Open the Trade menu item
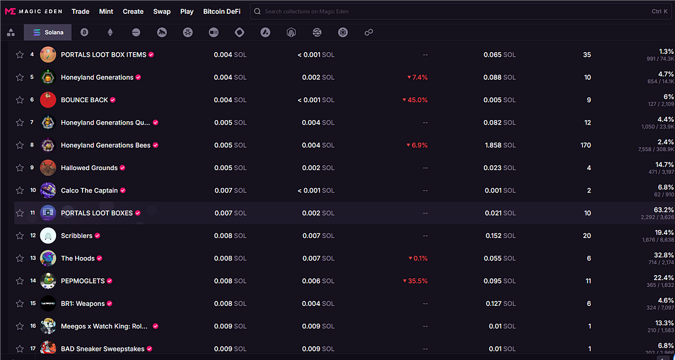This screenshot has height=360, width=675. [80, 11]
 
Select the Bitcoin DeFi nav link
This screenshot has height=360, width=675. [221, 11]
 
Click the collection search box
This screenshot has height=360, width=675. [455, 11]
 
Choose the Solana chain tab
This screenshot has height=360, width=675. [48, 32]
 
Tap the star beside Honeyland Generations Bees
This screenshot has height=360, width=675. [20, 145]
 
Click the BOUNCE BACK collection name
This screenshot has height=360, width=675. [84, 100]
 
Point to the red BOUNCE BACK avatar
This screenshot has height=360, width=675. [47, 100]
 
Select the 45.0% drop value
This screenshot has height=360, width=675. [415, 100]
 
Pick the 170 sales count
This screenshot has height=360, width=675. [585, 145]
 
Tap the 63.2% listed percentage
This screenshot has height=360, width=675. [662, 210]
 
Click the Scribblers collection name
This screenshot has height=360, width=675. [76, 236]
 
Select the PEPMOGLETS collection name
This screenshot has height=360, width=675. [82, 281]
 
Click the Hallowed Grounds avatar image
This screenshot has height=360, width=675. [47, 168]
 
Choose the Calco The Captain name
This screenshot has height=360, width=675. [89, 191]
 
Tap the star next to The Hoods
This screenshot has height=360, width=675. [20, 258]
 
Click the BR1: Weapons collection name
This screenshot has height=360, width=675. [82, 304]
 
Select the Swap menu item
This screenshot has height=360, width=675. [161, 11]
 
